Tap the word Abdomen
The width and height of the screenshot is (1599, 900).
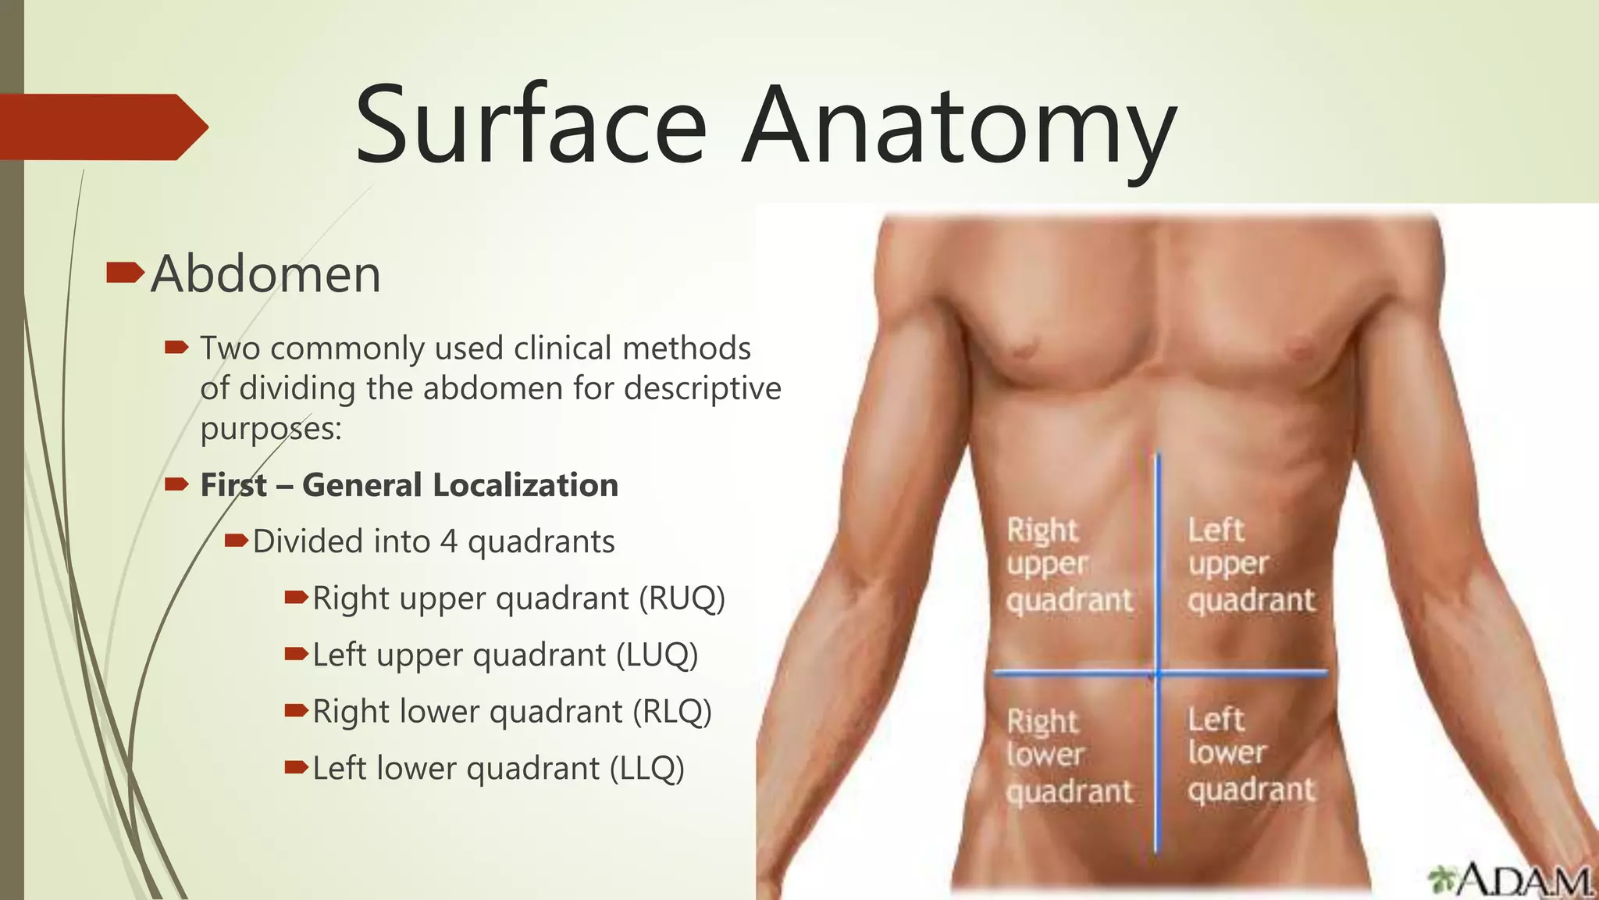(x=265, y=275)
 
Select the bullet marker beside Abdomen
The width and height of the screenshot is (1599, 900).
(x=124, y=273)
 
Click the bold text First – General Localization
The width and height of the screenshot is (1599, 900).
(x=409, y=485)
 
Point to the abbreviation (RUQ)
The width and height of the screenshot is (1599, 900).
(x=682, y=599)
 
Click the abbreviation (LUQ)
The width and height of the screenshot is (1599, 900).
(x=657, y=655)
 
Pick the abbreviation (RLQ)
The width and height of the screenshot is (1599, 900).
(x=672, y=712)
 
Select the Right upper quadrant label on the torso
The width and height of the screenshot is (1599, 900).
(x=1067, y=565)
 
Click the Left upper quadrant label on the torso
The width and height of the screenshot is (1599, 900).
(x=1250, y=565)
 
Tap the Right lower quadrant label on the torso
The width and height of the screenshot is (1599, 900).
(x=1067, y=755)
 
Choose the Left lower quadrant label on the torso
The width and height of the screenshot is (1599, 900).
(x=1250, y=754)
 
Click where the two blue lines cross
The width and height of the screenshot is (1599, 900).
(x=1158, y=672)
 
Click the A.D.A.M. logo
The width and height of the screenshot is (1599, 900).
(x=1511, y=880)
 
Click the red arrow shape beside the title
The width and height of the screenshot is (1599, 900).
(x=101, y=127)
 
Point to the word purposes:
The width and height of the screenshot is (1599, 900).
(x=271, y=429)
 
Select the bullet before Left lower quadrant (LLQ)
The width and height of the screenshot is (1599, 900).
(x=296, y=768)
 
